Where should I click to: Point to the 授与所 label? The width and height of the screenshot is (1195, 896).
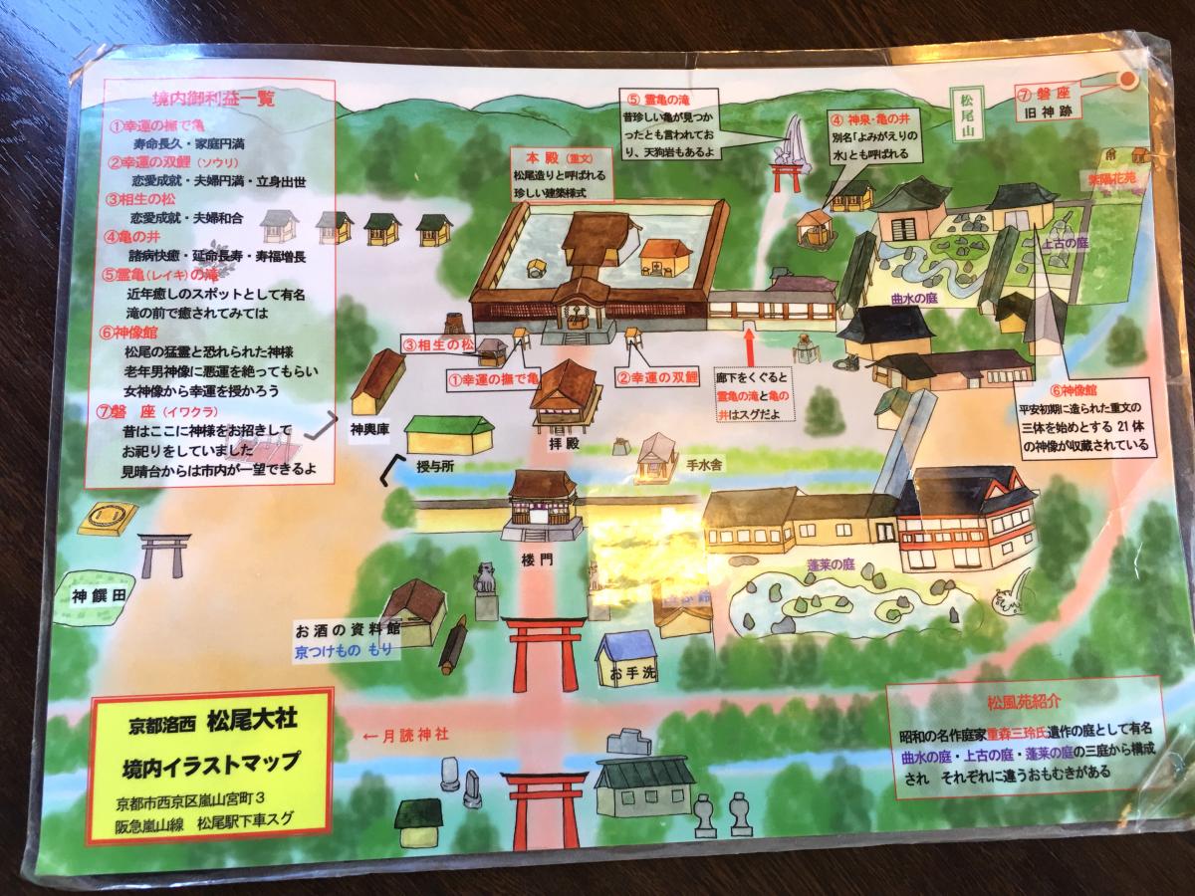click(x=440, y=466)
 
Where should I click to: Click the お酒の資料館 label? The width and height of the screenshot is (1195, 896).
click(x=348, y=629)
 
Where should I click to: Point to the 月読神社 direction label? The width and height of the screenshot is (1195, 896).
click(x=405, y=735)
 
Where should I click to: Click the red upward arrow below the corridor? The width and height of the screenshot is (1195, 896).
click(x=748, y=351)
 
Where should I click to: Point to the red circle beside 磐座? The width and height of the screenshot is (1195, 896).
click(x=1128, y=81)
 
